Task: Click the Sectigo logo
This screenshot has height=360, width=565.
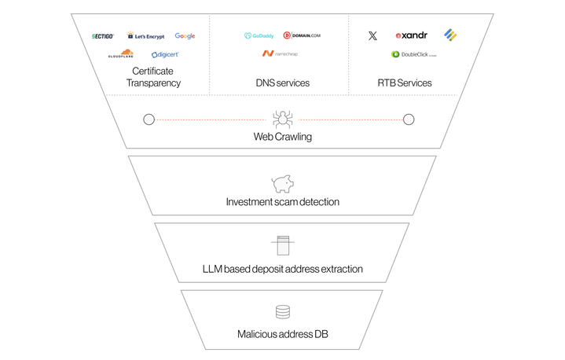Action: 103,36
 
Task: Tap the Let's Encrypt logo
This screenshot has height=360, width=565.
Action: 145,36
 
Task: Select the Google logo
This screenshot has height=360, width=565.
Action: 185,36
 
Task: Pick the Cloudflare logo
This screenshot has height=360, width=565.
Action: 121,54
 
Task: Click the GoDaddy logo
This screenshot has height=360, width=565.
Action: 259,36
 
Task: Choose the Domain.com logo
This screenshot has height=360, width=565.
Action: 303,36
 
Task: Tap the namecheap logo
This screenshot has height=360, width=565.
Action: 280,54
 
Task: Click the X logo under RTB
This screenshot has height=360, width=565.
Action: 372,36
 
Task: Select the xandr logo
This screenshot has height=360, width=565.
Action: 412,36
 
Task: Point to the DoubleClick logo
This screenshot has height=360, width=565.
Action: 413,55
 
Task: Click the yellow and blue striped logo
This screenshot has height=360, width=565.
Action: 450,35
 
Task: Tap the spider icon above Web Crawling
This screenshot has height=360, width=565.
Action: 282,119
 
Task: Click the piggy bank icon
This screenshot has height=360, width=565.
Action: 282,184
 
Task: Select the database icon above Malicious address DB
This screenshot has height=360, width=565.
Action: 282,312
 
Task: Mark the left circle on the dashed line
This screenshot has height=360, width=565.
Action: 149,119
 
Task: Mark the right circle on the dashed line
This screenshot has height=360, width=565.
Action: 409,119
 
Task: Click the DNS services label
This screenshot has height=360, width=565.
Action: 282,83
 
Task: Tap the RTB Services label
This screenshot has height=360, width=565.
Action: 405,83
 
